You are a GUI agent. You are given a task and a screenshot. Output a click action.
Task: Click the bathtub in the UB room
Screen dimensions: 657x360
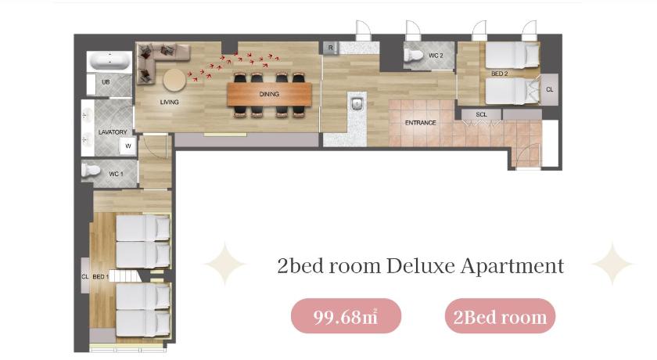pyautogui.click(x=110, y=61)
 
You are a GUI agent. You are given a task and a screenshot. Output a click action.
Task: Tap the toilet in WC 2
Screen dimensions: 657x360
pyautogui.click(x=413, y=56)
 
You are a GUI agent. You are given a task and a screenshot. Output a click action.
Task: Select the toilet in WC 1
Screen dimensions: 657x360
pyautogui.click(x=91, y=171)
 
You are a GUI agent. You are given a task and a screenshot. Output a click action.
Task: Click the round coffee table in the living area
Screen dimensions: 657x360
pyautogui.click(x=174, y=80)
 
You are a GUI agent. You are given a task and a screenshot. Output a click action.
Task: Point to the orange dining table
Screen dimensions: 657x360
pyautogui.click(x=269, y=94)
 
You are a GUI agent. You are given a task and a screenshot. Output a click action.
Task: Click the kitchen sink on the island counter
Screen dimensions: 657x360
pyautogui.click(x=357, y=103)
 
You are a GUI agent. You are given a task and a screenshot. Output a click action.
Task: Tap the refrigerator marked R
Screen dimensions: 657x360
pyautogui.click(x=331, y=48)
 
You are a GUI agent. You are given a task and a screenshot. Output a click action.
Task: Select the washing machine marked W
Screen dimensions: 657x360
pyautogui.click(x=127, y=146)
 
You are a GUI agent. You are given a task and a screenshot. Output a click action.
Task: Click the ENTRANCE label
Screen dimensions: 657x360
pyautogui.click(x=420, y=123)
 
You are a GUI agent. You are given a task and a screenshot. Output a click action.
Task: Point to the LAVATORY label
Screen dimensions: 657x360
pyautogui.click(x=113, y=132)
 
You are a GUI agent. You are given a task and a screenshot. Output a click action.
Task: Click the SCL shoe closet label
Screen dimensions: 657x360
pyautogui.click(x=482, y=114)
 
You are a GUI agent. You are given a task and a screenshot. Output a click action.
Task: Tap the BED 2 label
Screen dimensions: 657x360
pyautogui.click(x=500, y=74)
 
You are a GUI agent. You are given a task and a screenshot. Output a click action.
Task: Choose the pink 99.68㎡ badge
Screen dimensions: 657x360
pyautogui.click(x=346, y=316)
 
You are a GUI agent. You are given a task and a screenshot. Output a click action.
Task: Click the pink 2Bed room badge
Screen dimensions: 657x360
pyautogui.click(x=500, y=316)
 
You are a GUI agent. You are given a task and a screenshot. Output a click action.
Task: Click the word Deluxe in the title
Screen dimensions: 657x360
pyautogui.click(x=420, y=266)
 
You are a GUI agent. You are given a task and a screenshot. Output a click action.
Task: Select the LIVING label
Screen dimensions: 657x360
pyautogui.click(x=169, y=102)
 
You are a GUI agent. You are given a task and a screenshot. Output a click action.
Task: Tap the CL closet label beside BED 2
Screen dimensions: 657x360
pyautogui.click(x=550, y=89)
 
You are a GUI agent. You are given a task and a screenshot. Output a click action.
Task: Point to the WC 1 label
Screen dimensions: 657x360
pyautogui.click(x=116, y=174)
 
